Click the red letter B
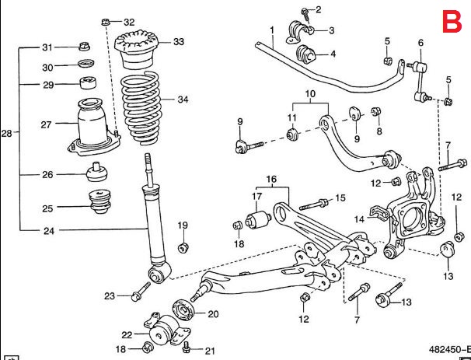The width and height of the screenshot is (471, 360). pyautogui.click(x=451, y=21)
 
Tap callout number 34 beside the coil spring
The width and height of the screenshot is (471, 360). pyautogui.click(x=183, y=100)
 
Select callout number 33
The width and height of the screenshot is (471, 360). pyautogui.click(x=178, y=41)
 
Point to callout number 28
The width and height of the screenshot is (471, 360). pyautogui.click(x=7, y=134)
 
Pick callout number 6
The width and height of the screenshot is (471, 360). pyautogui.click(x=420, y=43)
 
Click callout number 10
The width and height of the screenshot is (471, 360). pyautogui.click(x=309, y=94)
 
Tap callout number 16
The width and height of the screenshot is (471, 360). pyautogui.click(x=271, y=180)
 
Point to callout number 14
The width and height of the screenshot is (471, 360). pyautogui.click(x=359, y=219)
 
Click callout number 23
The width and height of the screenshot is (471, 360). pyautogui.click(x=110, y=295)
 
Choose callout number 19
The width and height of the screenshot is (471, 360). pyautogui.click(x=183, y=225)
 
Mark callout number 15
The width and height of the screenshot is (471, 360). pyautogui.click(x=340, y=198)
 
